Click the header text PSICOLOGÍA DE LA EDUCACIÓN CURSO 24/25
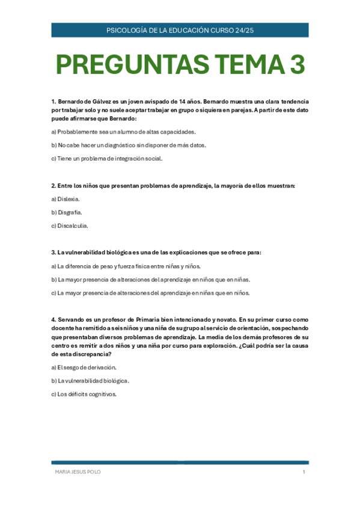(x=180, y=30)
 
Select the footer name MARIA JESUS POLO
(x=78, y=472)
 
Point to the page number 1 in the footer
(x=304, y=472)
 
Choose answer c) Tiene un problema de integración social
(x=106, y=159)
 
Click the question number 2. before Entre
(x=53, y=185)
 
